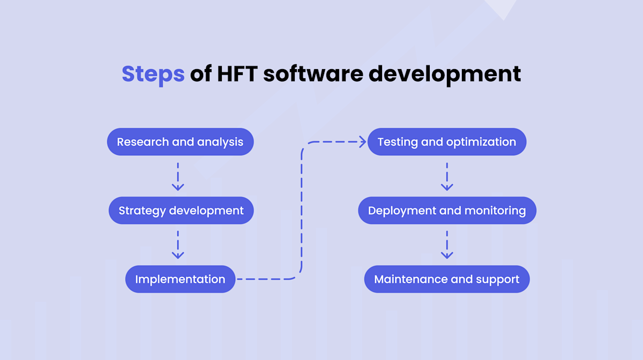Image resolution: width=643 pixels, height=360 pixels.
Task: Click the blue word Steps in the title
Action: [x=153, y=74]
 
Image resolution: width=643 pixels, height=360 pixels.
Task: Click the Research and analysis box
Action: [x=180, y=142]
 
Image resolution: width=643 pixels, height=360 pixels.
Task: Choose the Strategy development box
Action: [x=181, y=211]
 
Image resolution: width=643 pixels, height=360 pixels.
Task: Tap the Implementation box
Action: [x=180, y=279]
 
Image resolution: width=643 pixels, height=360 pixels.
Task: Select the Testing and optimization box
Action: [x=446, y=142]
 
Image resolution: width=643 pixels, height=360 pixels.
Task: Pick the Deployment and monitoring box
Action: [x=447, y=211]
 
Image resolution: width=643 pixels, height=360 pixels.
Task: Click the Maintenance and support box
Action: [x=446, y=279]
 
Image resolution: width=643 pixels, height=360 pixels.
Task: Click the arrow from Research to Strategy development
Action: [x=178, y=176]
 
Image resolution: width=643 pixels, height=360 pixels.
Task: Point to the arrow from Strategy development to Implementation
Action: [x=178, y=245]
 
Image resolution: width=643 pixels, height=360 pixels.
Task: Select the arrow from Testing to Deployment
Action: [x=446, y=176]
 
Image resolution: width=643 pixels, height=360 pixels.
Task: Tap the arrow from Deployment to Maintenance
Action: [x=446, y=245]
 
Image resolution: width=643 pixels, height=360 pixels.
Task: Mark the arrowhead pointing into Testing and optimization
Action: [x=362, y=142]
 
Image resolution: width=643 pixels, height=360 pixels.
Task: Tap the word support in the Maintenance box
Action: [x=498, y=280]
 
